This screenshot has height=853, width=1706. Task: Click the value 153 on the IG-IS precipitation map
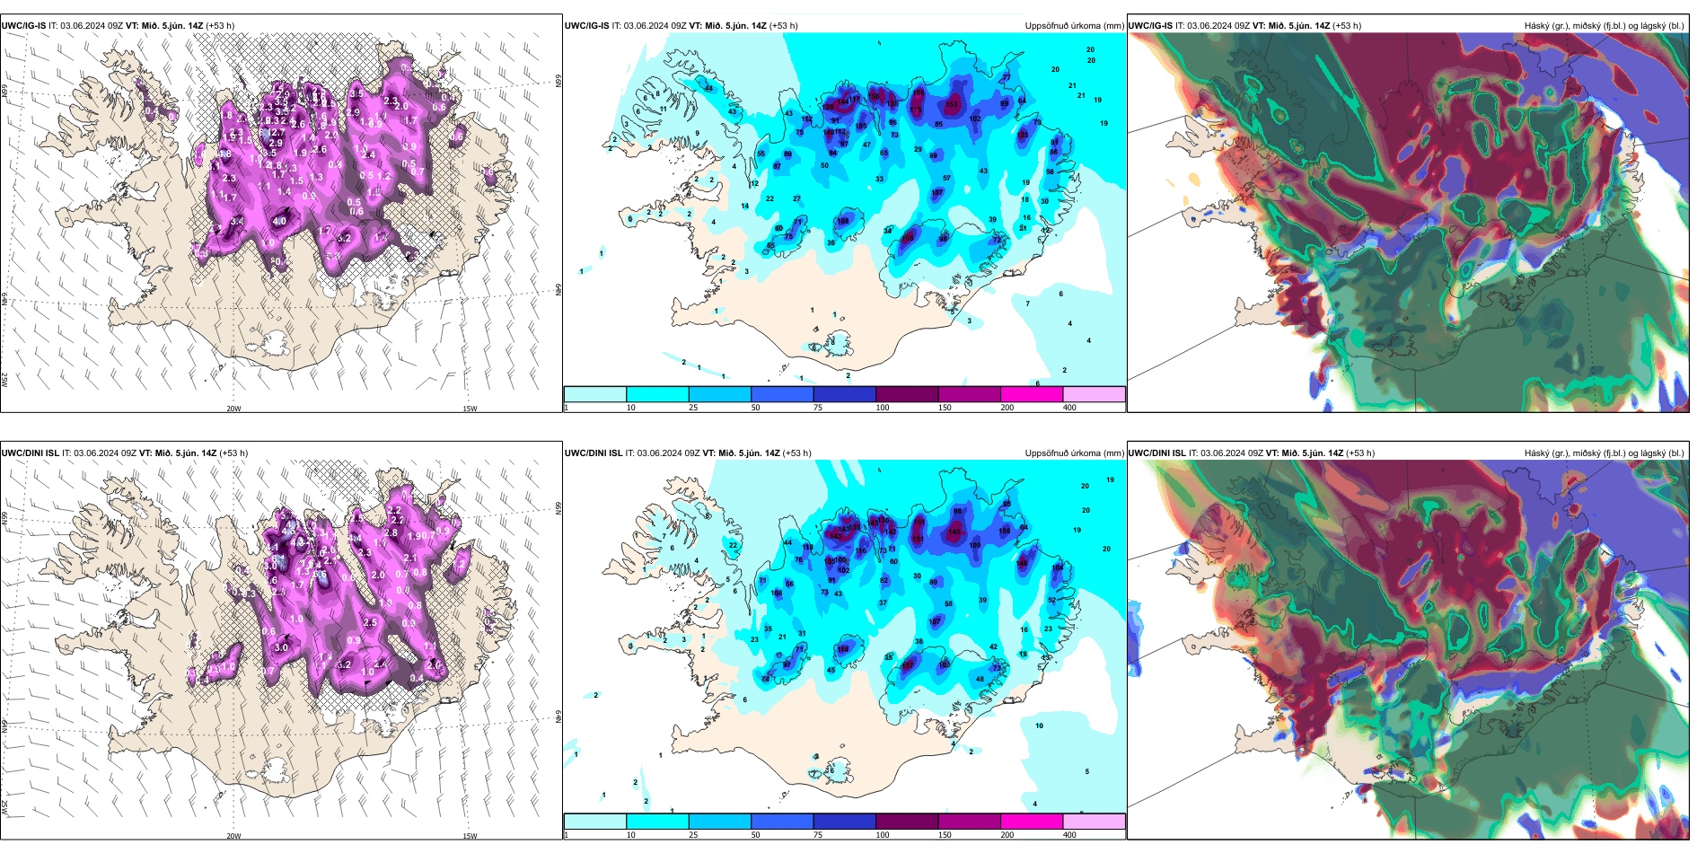point(952,105)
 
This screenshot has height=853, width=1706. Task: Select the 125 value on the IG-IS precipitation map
point(1023,135)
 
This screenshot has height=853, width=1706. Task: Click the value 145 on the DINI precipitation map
point(954,532)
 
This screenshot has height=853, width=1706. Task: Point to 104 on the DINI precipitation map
point(1057,567)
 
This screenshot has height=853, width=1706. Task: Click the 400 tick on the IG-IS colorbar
point(1069,408)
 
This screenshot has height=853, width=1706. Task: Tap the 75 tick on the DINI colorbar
point(817,835)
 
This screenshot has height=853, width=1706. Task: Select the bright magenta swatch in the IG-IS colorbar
point(1032,394)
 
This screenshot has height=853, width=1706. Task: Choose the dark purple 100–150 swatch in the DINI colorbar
point(907,822)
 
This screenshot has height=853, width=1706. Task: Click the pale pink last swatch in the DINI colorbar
point(1094,822)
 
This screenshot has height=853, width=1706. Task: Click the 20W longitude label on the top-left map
point(233,409)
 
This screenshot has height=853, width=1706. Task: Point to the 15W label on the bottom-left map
point(470,836)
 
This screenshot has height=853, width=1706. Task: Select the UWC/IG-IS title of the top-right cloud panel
point(1150,26)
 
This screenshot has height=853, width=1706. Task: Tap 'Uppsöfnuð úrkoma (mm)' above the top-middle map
point(1074,26)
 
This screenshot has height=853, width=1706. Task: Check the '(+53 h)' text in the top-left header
point(220,26)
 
